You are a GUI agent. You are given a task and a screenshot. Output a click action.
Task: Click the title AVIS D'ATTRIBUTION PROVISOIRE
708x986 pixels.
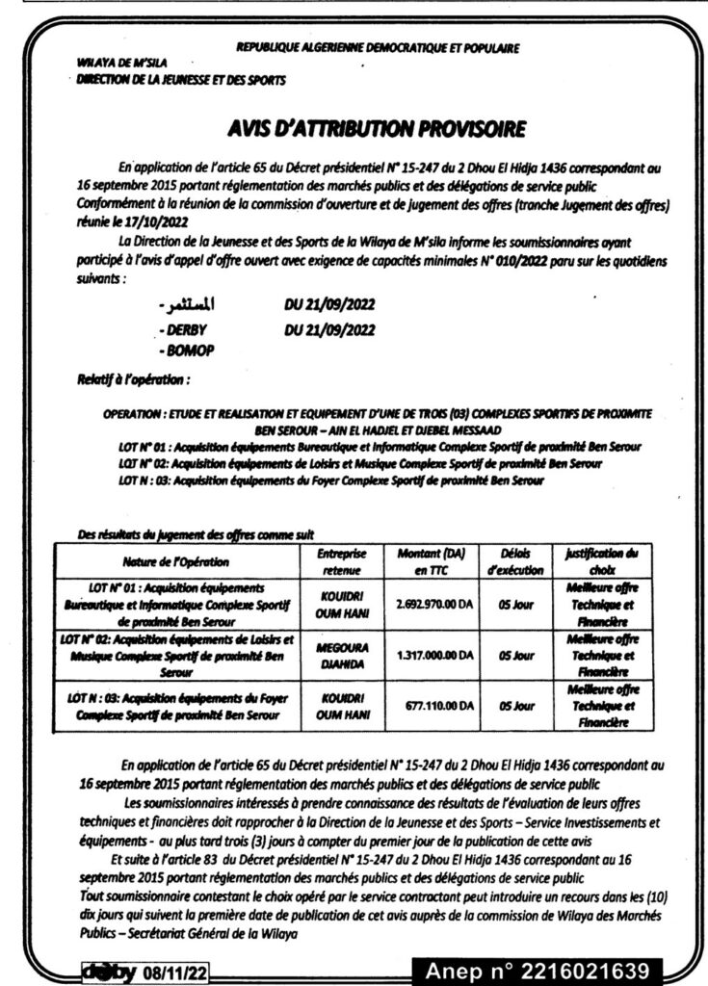click(x=378, y=127)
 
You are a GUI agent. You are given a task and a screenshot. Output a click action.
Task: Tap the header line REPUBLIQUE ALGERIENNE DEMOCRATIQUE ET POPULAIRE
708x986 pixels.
click(x=378, y=46)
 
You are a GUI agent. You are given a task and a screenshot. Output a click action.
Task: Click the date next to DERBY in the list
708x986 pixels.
click(x=330, y=330)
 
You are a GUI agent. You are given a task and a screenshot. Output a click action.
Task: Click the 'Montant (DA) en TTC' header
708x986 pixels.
click(x=431, y=562)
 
